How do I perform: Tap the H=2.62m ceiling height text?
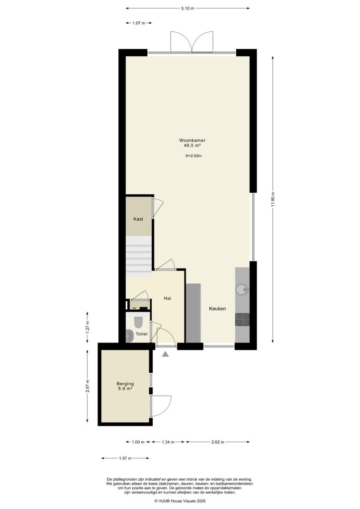[x=193, y=156]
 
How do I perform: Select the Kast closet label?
[x=138, y=219]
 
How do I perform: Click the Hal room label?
[x=168, y=298]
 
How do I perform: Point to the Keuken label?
[x=217, y=309]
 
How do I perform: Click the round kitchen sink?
[x=242, y=289]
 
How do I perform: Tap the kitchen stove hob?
[x=242, y=319]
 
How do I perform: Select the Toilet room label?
[x=142, y=335]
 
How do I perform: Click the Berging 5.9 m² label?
[x=125, y=386]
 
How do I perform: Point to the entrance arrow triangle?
[x=166, y=353]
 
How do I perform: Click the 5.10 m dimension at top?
[x=187, y=8]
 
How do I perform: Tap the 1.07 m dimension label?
[x=139, y=23]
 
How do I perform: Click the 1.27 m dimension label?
[x=88, y=327]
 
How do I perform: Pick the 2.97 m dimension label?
[x=88, y=386]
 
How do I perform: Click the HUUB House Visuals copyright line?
[x=180, y=502]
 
